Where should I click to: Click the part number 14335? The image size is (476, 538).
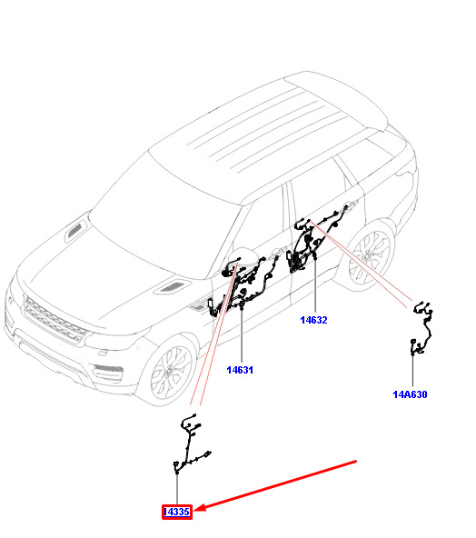[177, 512]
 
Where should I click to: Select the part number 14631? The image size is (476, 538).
[240, 370]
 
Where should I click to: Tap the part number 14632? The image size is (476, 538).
[313, 320]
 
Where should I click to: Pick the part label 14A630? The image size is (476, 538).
[411, 394]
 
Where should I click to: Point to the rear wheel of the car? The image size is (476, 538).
[369, 256]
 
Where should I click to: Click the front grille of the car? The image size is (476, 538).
[55, 320]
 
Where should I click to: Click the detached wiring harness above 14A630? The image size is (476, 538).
[422, 328]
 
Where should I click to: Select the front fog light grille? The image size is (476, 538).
[108, 368]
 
